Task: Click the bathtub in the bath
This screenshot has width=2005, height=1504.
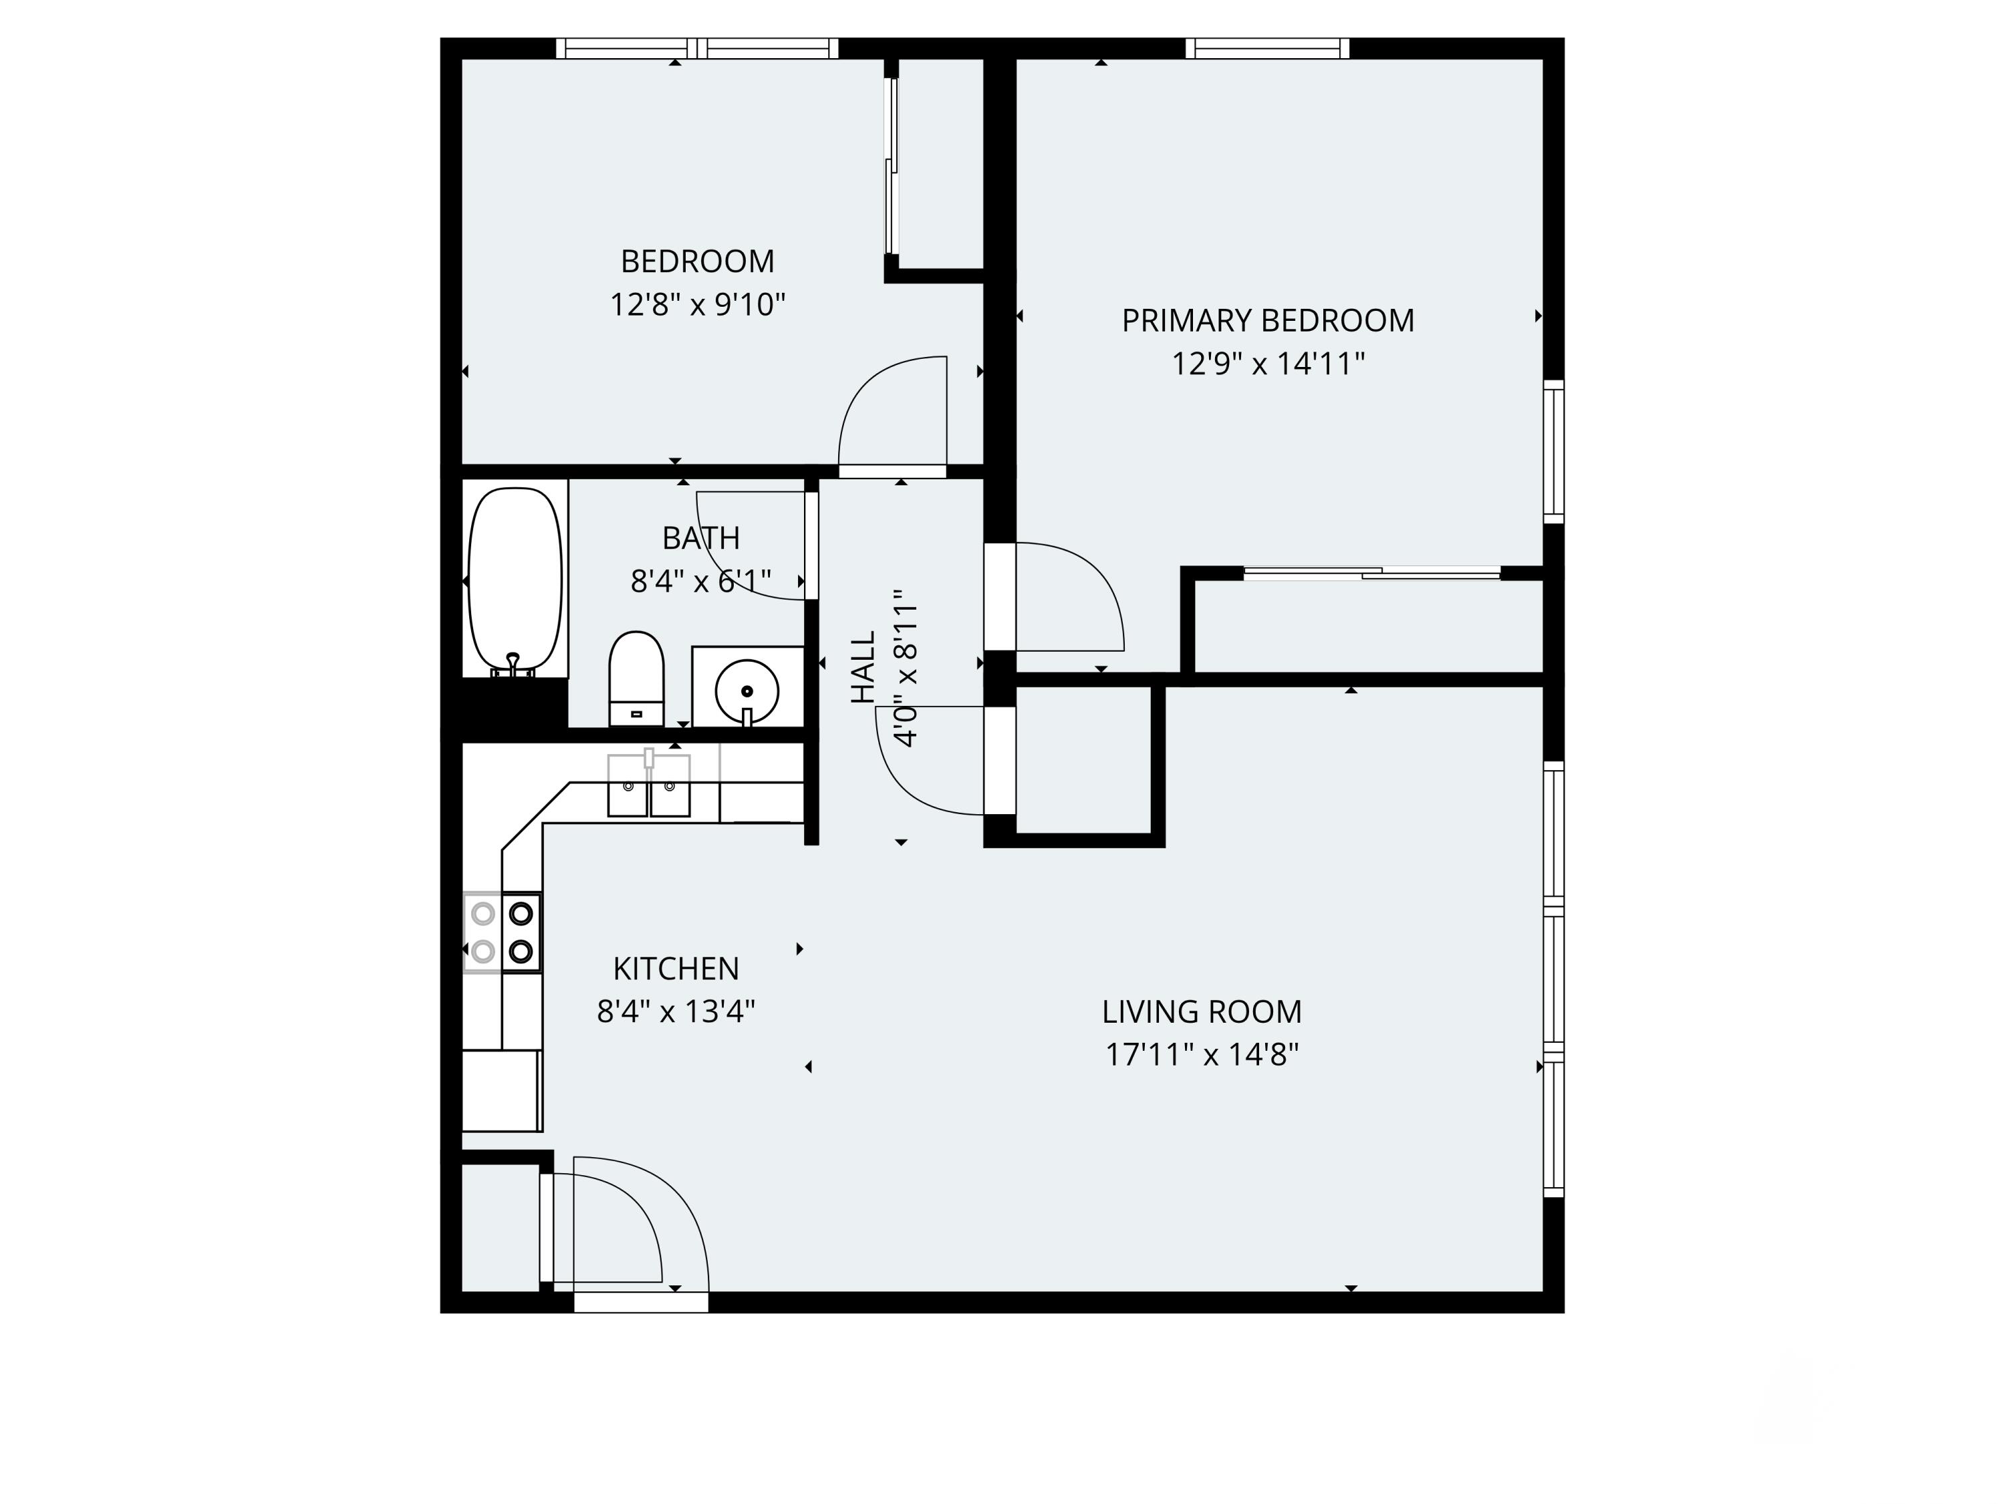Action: (x=514, y=580)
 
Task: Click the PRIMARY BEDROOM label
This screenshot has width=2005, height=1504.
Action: (x=1267, y=321)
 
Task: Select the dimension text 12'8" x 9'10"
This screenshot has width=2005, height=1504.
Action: (x=697, y=305)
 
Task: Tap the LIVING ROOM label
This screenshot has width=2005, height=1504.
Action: (x=1201, y=1012)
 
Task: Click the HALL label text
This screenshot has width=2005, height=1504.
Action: (x=863, y=667)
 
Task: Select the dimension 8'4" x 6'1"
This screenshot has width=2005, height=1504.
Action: (x=700, y=581)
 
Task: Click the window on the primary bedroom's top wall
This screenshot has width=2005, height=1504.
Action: (x=1266, y=48)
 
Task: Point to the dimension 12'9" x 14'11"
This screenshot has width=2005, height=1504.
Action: (x=1267, y=364)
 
